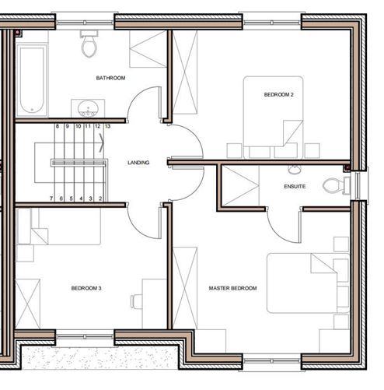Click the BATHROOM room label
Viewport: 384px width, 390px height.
click(110, 78)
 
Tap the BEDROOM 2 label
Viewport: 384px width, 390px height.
click(277, 94)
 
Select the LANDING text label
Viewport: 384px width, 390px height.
click(138, 163)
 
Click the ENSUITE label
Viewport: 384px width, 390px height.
click(295, 187)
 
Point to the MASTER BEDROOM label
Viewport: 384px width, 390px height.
click(232, 288)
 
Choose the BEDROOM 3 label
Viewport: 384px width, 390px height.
click(86, 288)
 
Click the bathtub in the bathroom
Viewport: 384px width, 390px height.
click(32, 79)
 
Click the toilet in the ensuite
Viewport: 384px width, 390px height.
click(335, 185)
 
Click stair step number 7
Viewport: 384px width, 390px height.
click(51, 199)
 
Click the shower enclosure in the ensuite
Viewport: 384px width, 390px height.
click(239, 187)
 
